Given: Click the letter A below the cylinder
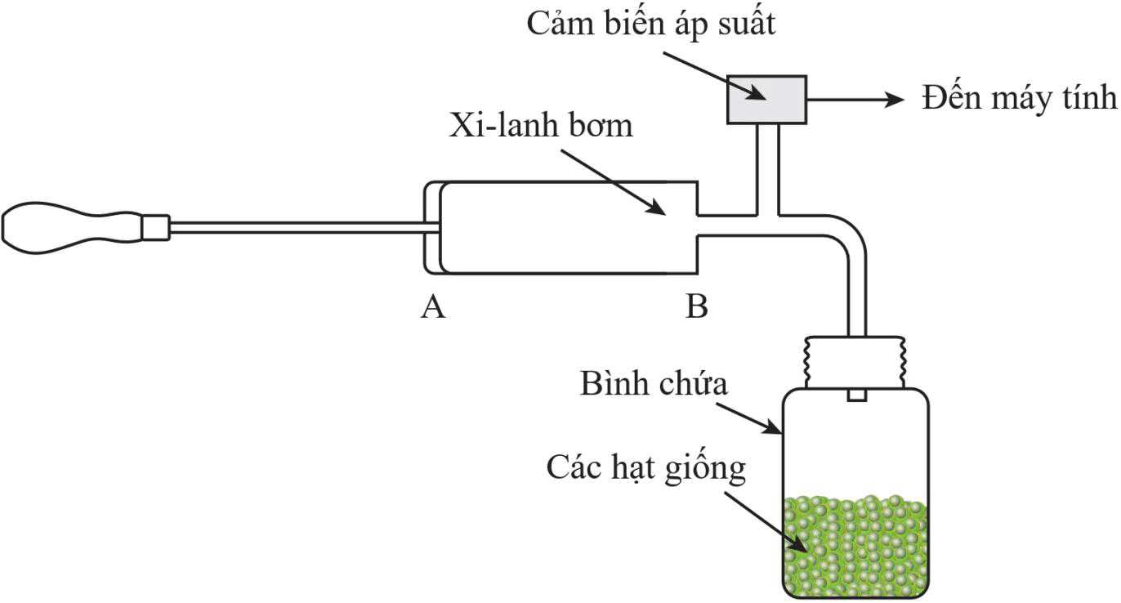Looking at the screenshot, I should (x=433, y=307).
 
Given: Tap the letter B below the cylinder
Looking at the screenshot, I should (x=696, y=307).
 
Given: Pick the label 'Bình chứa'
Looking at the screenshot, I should (x=653, y=384).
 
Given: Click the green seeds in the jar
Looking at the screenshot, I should (x=855, y=543).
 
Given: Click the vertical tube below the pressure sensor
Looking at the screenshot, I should (x=766, y=167).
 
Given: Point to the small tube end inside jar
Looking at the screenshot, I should (x=856, y=395).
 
